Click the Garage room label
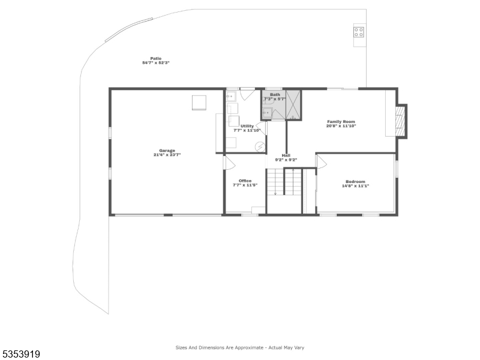167,151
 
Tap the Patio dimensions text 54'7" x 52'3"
155,63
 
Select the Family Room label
341,122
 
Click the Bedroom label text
355,182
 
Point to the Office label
245,181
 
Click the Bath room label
275,94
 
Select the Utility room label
247,126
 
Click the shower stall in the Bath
293,104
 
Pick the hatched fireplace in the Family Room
400,121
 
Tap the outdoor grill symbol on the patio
358,32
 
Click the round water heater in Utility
260,145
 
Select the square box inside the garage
199,103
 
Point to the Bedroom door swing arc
321,161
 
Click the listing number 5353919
20,354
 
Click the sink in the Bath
267,112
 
